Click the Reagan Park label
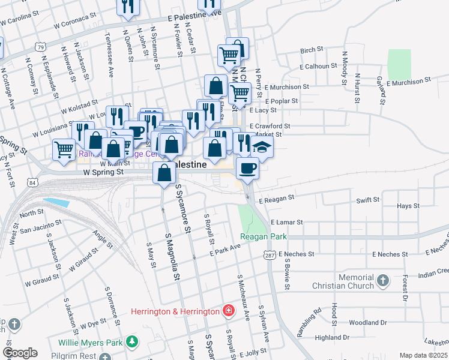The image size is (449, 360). pos(264,237)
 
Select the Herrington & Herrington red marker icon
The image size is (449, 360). pos(228,311)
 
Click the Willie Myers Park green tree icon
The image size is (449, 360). pos(132,343)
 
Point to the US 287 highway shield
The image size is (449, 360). pos(268,256)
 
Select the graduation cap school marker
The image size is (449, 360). pos(262,146)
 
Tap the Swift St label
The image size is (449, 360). pos(368,200)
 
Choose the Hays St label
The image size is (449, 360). pos(408,206)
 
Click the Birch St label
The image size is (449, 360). pos(312,50)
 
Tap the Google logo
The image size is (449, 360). pos(20,353)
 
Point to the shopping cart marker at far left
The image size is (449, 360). pos(64,149)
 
